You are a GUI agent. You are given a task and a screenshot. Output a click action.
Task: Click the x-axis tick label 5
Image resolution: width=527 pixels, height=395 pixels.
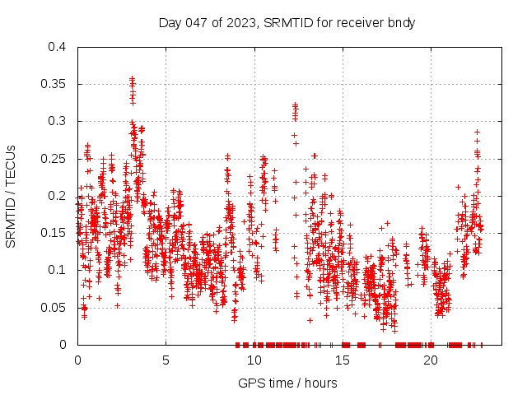point(166,360)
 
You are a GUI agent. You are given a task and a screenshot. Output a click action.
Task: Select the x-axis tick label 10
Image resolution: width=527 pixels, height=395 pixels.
point(254,360)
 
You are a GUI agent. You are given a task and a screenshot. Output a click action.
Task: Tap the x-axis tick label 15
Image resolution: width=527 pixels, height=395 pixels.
point(342,360)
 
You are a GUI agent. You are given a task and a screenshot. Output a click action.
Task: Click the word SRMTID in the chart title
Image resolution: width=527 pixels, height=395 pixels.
point(286,22)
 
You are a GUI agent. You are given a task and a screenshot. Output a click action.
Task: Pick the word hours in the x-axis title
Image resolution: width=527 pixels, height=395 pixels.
point(319,383)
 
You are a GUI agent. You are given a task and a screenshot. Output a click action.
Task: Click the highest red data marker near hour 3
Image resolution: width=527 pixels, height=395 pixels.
point(132,79)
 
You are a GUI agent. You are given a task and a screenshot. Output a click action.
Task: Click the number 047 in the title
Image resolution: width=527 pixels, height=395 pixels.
point(197,22)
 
